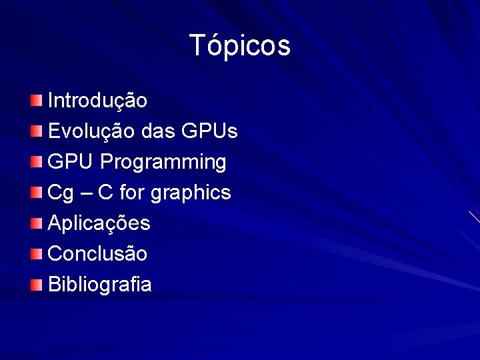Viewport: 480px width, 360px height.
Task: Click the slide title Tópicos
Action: point(240,46)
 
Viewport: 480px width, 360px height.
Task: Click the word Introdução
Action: point(98,101)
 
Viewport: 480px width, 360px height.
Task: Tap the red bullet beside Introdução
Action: point(36,101)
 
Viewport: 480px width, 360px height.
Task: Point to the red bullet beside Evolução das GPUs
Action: point(36,131)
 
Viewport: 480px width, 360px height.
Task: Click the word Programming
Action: point(163,162)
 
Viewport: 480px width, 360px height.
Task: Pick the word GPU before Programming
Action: point(71,161)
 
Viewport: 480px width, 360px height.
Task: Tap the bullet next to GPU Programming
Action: point(36,161)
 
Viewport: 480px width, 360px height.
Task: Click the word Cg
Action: point(61,193)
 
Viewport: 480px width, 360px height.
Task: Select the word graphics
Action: point(191,193)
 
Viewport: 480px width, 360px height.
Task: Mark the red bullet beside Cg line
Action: point(36,193)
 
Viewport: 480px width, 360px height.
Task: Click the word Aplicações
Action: point(99,223)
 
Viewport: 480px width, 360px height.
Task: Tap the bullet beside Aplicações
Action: point(36,223)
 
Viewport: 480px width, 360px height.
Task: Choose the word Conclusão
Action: point(98,253)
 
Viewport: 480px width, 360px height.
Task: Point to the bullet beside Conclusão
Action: point(36,253)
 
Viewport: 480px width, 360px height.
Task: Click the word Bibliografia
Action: point(100,285)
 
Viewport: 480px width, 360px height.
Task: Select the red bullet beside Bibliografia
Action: point(36,285)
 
